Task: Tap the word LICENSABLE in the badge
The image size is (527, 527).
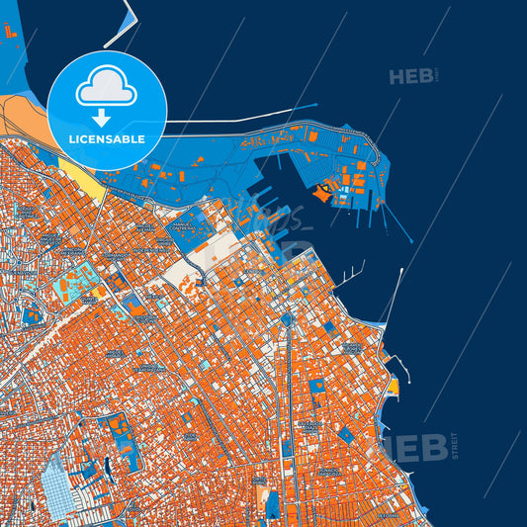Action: tap(107, 139)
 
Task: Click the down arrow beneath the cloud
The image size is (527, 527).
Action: tap(107, 113)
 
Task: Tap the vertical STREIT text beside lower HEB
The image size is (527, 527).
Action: tap(455, 446)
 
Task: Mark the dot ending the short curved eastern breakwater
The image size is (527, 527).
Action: tap(364, 262)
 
